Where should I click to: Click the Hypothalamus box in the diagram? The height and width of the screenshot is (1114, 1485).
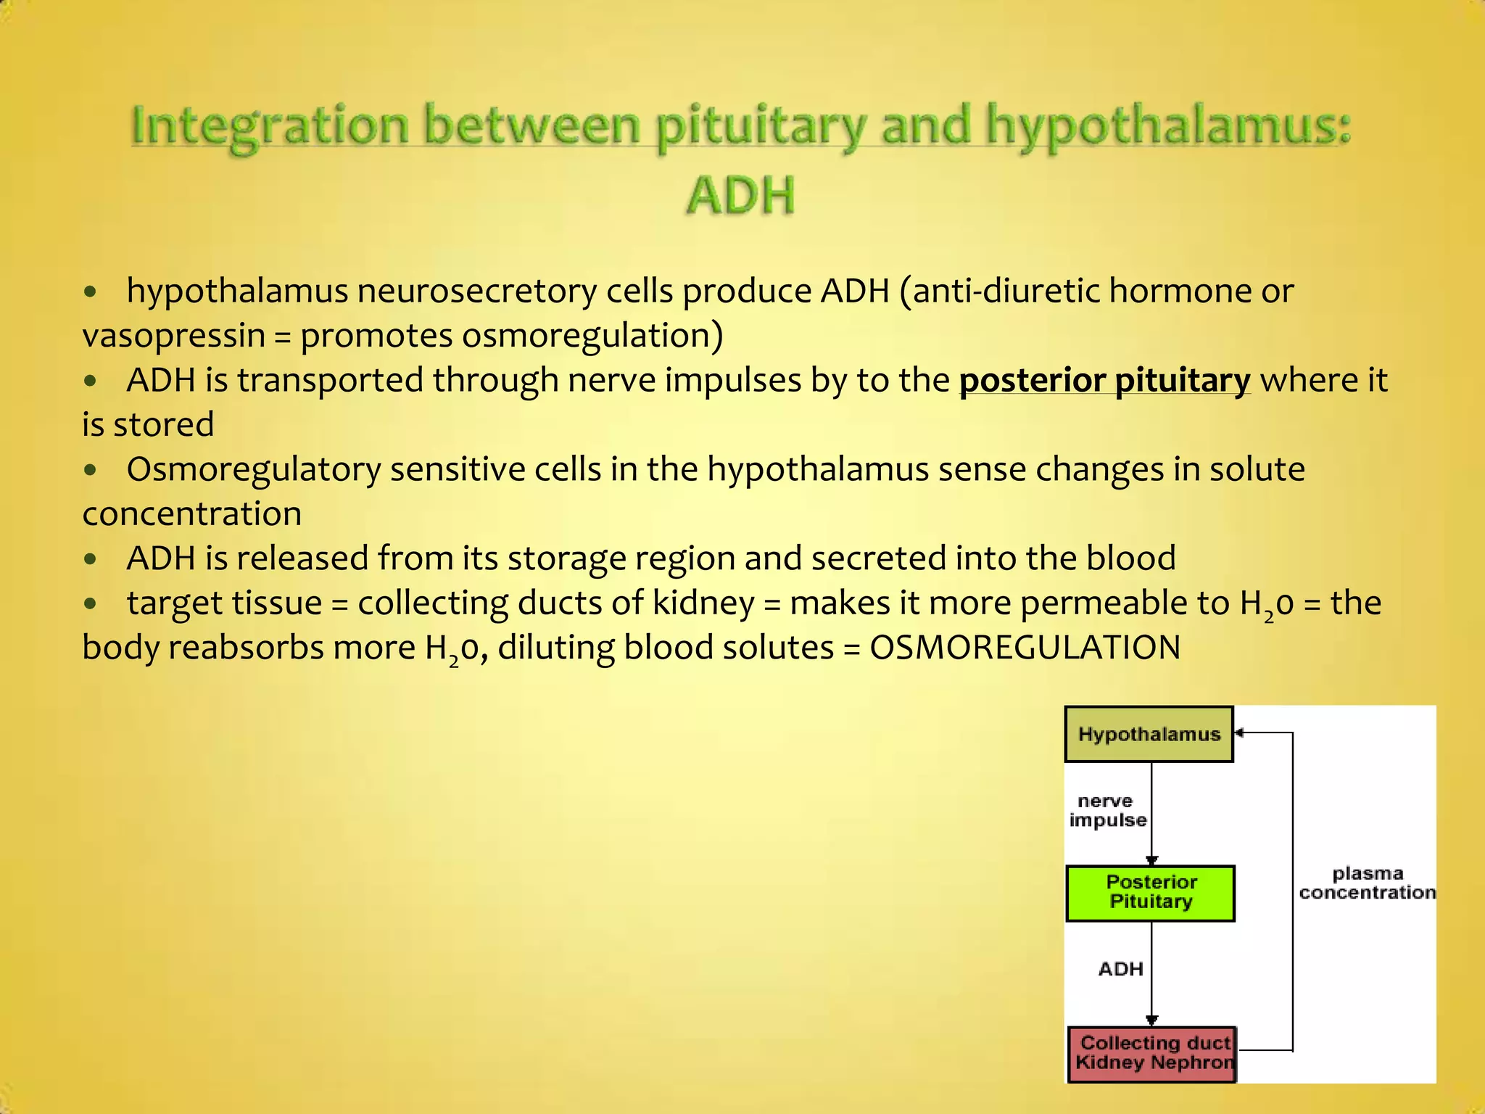1149,734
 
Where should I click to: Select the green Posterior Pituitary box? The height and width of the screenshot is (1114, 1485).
1150,893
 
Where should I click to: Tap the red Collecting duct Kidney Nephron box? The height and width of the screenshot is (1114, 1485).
1151,1054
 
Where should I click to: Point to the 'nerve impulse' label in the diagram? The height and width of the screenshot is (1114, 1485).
1106,811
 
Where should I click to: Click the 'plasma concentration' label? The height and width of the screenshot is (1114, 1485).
1367,883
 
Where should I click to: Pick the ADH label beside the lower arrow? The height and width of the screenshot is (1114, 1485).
1120,969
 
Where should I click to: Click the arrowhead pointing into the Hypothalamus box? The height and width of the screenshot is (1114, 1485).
1239,733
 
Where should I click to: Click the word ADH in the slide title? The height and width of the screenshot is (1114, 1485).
740,196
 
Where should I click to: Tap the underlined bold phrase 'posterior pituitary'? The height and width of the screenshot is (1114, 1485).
1104,380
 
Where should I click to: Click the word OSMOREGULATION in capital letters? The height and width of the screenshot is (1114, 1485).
1025,647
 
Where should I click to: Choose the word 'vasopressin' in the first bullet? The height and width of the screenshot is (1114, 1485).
174,336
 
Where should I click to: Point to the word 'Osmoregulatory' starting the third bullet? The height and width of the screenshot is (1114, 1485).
254,469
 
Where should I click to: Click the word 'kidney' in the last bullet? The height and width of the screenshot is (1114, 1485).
703,603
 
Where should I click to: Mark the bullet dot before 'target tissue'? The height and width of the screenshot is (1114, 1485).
90,603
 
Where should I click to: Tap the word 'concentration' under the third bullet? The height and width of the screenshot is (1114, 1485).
192,514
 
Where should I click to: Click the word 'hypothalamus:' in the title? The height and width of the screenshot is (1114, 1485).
1168,125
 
